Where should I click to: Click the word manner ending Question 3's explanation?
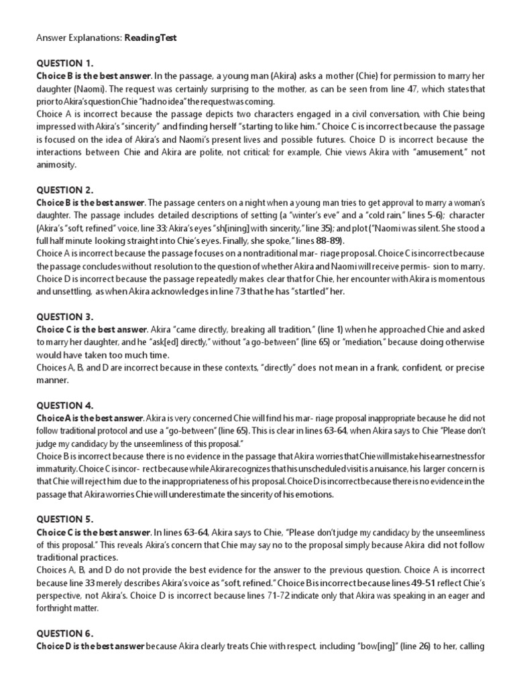click(x=52, y=380)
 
